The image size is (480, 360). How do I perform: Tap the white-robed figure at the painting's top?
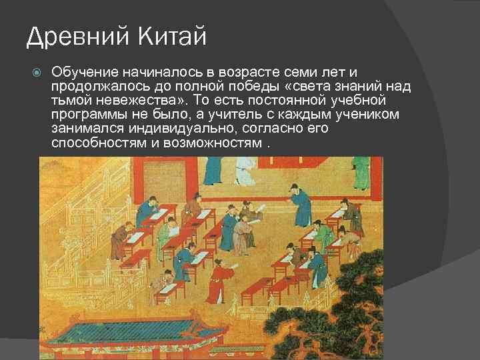247,169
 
